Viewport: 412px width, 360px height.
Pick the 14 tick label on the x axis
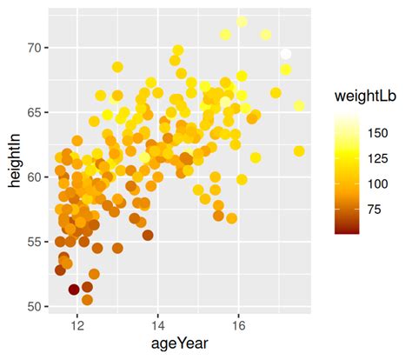[157, 325]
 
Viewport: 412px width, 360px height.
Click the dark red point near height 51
[74, 290]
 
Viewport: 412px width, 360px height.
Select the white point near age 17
[286, 54]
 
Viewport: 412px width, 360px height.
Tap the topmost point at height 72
[243, 21]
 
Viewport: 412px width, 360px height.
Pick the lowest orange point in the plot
[87, 300]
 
